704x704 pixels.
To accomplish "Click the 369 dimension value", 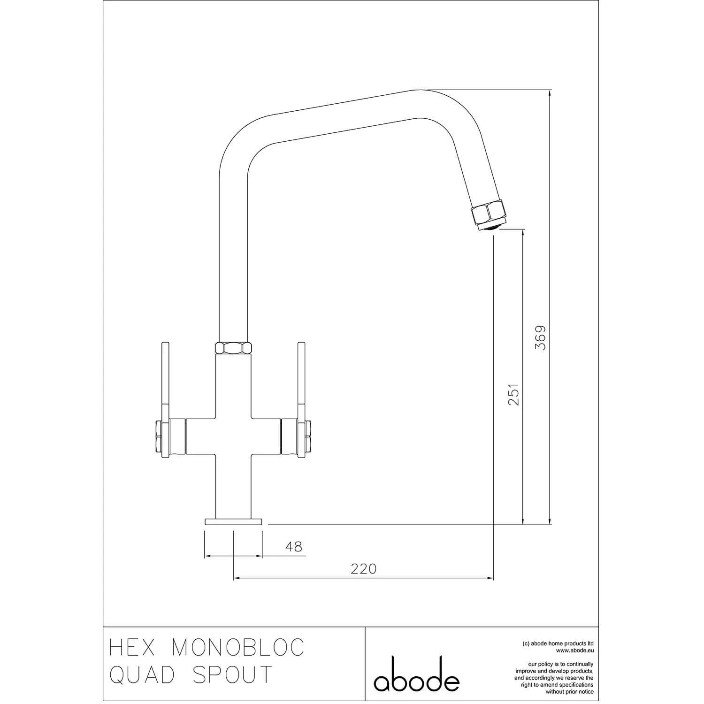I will click(x=541, y=338).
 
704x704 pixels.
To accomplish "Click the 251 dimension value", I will click(x=514, y=395).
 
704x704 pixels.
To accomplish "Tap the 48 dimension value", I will click(x=294, y=547).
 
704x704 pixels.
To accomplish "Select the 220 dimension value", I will click(x=364, y=569).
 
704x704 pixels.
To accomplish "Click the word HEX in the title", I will click(x=133, y=648).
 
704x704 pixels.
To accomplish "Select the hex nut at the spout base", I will click(x=233, y=348).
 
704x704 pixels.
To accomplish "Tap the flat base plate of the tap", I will click(x=233, y=521).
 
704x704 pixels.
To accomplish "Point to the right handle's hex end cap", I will click(x=308, y=436).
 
